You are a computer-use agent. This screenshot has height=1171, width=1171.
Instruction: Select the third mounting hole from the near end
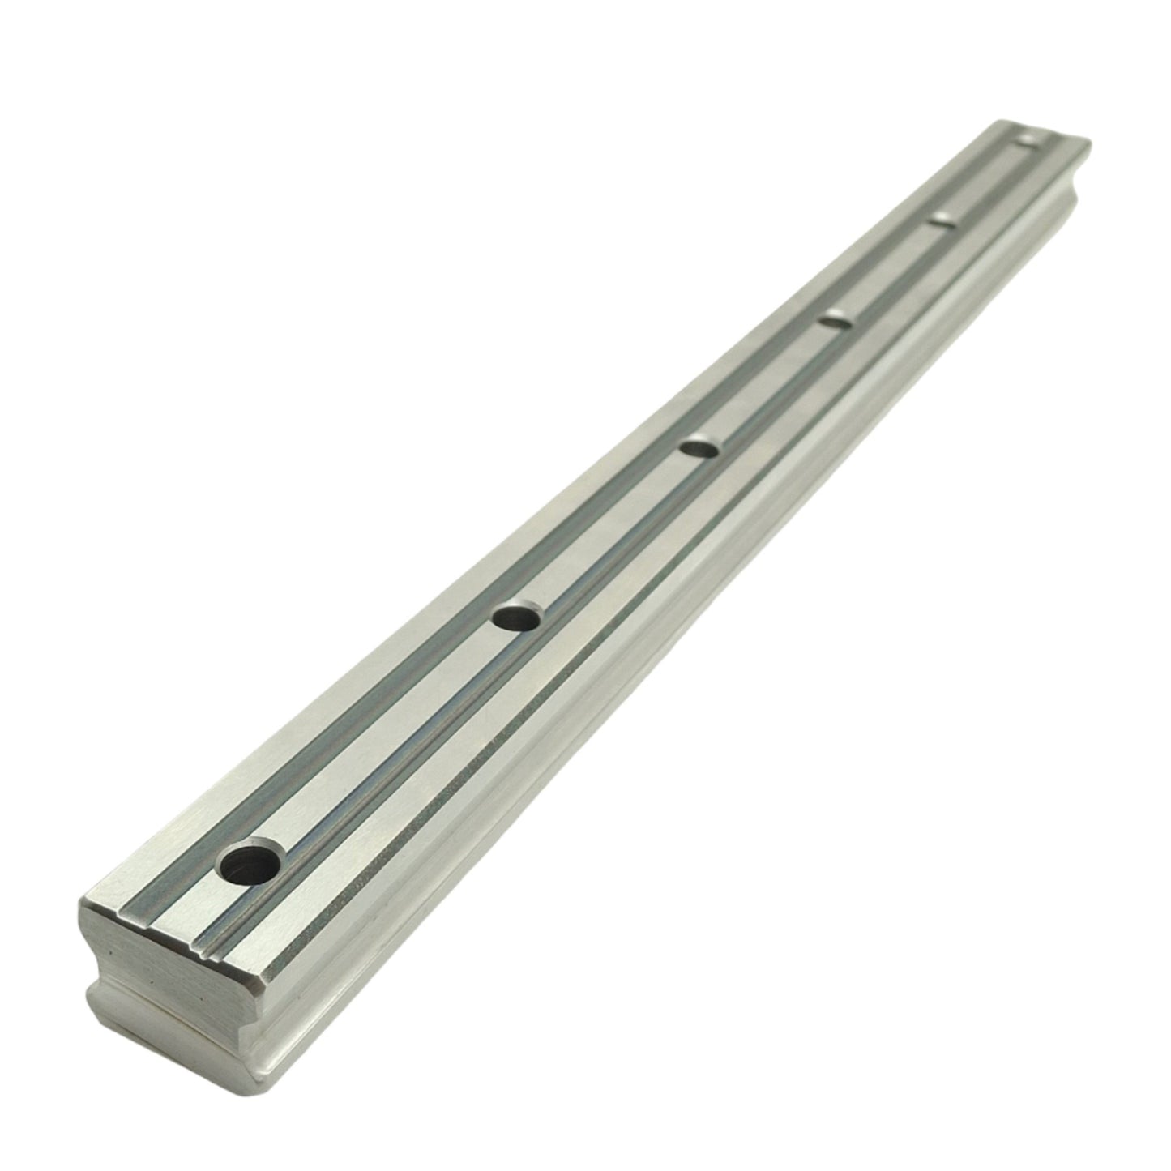(x=699, y=447)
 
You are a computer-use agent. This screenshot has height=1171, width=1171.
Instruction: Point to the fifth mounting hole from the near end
(x=940, y=219)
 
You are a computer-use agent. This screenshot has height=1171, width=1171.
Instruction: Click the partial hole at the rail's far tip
(x=1029, y=139)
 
